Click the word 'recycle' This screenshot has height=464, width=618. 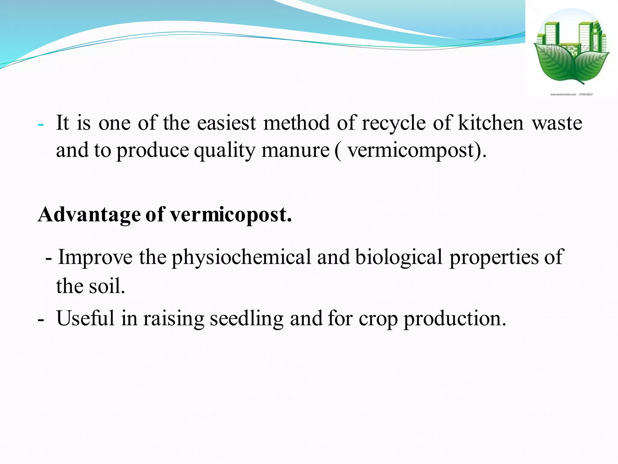393,123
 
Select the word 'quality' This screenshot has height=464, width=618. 224,150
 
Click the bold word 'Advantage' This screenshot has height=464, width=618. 89,215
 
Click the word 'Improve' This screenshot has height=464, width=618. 95,257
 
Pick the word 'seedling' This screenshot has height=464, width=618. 247,319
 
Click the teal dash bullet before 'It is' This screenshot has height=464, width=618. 41,125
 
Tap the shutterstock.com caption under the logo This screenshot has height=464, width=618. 571,95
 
